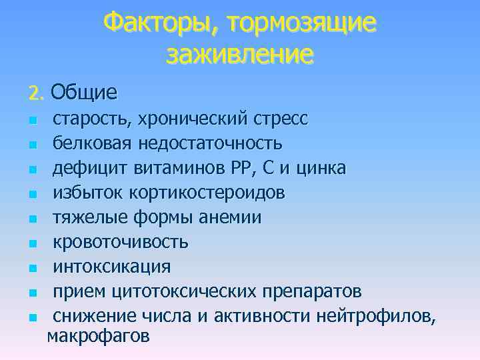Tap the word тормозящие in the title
302,24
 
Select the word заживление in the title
239,54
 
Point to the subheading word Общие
83,91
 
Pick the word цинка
323,168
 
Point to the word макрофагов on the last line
99,335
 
